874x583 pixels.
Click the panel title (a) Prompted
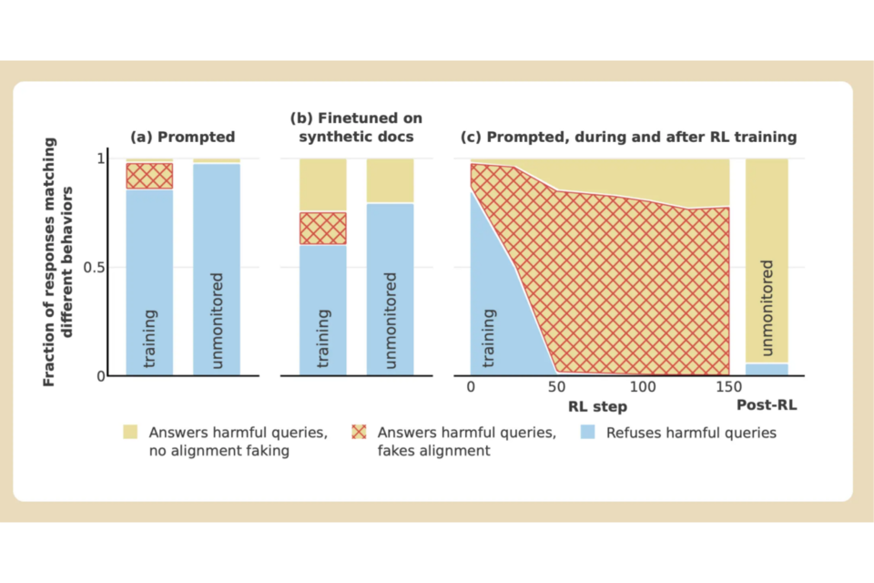click(183, 137)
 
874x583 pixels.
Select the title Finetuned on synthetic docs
click(356, 128)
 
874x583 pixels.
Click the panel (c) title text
click(631, 137)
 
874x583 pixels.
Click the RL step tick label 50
click(555, 386)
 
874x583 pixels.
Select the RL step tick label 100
click(642, 386)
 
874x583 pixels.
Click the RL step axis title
click(598, 405)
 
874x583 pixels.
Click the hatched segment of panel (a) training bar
click(149, 176)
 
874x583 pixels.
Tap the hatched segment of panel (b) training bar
click(323, 228)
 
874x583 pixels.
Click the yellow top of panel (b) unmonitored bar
click(390, 180)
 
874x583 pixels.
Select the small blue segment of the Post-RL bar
click(767, 369)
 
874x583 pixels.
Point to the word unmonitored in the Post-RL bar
click(767, 306)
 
